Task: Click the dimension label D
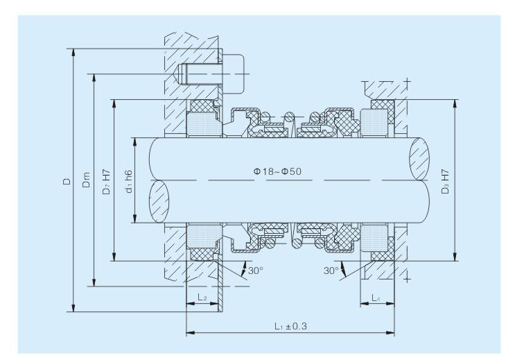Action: coord(68,181)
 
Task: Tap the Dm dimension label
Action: coord(86,180)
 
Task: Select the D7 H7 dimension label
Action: coord(106,182)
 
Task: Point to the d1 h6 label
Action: coord(128,182)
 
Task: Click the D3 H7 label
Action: coord(445,182)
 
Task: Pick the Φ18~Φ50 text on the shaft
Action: coord(277,171)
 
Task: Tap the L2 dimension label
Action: coord(202,297)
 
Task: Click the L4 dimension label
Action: coord(376,298)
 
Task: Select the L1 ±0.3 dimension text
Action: coord(290,325)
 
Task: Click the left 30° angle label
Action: coord(255,271)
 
